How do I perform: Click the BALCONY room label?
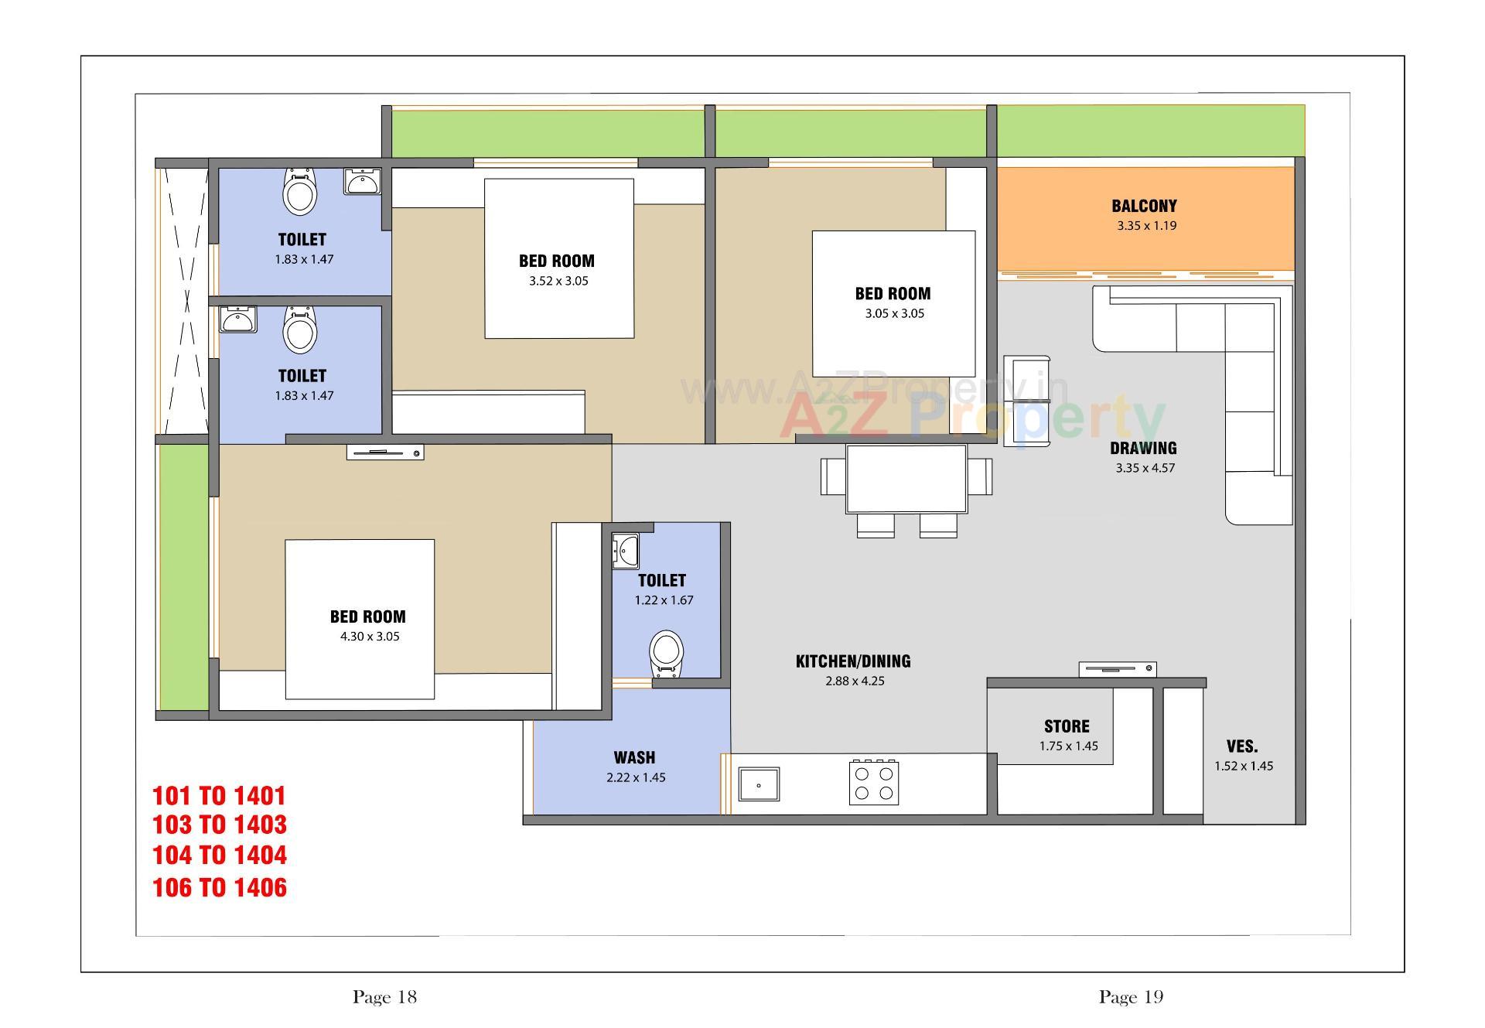1144,206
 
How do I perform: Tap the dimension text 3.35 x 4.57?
1145,468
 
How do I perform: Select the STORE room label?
1067,726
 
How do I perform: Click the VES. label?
1241,746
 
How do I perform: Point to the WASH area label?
634,757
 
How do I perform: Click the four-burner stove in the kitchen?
874,783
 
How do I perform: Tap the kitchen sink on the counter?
758,784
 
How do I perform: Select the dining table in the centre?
906,478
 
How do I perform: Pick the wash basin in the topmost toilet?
362,182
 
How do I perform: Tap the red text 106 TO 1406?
220,887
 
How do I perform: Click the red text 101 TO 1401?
220,795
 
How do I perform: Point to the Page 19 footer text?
1131,997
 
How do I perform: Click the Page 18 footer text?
384,997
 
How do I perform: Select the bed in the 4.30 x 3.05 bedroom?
360,619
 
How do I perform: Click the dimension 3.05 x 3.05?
894,313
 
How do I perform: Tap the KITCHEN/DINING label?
853,661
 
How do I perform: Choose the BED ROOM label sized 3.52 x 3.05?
557,261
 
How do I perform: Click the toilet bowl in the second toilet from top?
299,330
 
